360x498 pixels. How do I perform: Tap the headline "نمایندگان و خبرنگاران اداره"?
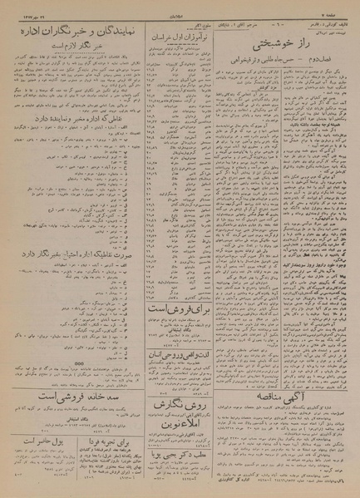(x=73, y=34)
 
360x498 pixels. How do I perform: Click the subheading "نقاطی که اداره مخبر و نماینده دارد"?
(x=73, y=146)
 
